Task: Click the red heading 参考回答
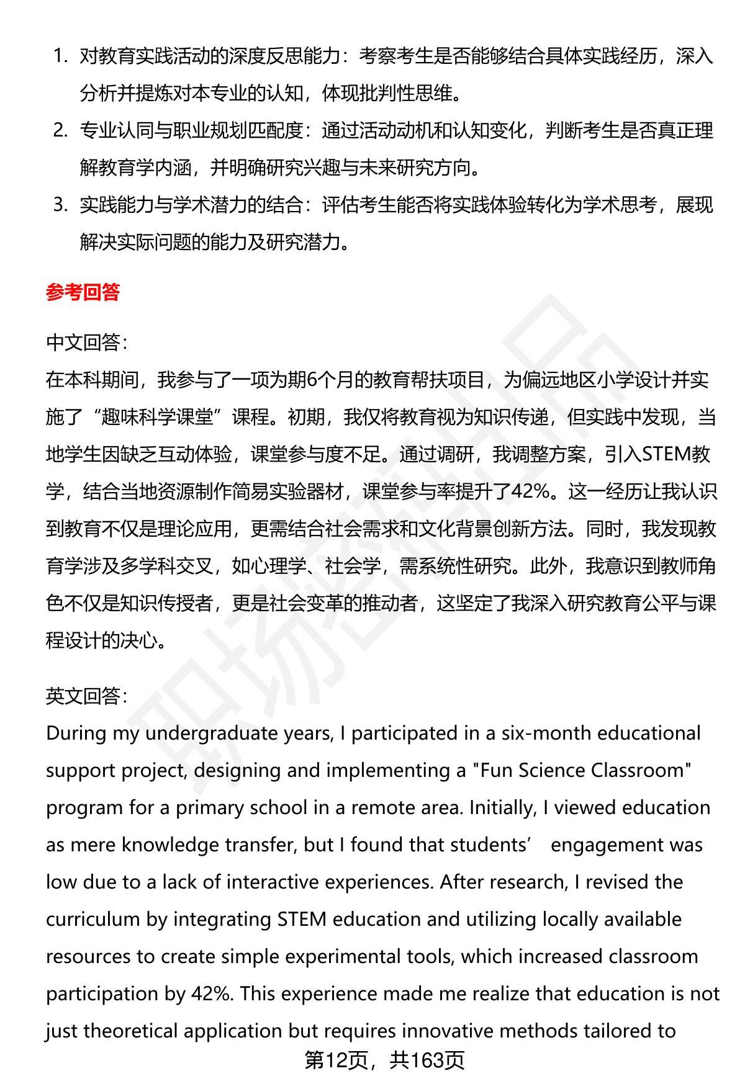click(83, 292)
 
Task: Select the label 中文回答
click(86, 342)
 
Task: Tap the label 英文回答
click(86, 696)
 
